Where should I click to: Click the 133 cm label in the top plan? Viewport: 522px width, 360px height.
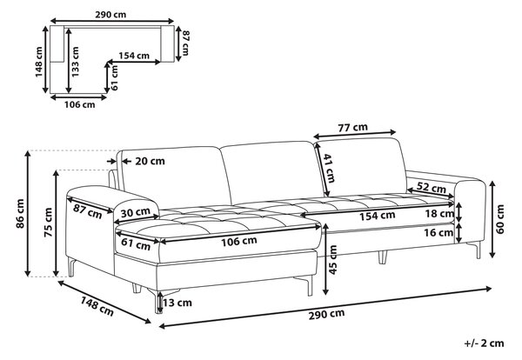click(76, 62)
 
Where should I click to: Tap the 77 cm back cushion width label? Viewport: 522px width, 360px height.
click(353, 128)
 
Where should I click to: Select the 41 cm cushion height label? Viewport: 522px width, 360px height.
click(330, 168)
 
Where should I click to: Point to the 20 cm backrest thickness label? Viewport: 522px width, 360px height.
click(150, 162)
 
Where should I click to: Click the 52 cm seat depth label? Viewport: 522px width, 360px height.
click(432, 188)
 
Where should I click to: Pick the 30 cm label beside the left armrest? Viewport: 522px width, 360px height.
click(135, 212)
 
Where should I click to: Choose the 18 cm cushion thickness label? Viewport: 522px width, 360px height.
click(439, 214)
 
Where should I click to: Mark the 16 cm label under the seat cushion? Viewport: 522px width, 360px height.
click(438, 232)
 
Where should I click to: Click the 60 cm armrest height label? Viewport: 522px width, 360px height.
click(500, 219)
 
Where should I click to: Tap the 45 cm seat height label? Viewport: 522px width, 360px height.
click(333, 260)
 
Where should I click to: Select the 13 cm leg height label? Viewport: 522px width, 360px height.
click(177, 303)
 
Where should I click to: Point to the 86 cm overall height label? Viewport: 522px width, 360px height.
click(20, 213)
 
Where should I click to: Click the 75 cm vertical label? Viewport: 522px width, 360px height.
click(49, 223)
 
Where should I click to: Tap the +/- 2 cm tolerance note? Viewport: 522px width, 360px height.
click(484, 343)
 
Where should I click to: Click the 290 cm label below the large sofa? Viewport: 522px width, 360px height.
click(326, 314)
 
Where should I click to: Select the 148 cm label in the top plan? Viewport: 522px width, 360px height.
click(39, 62)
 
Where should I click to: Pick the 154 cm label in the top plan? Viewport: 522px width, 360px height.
click(134, 56)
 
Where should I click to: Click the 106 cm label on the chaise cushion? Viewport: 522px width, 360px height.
click(239, 241)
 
